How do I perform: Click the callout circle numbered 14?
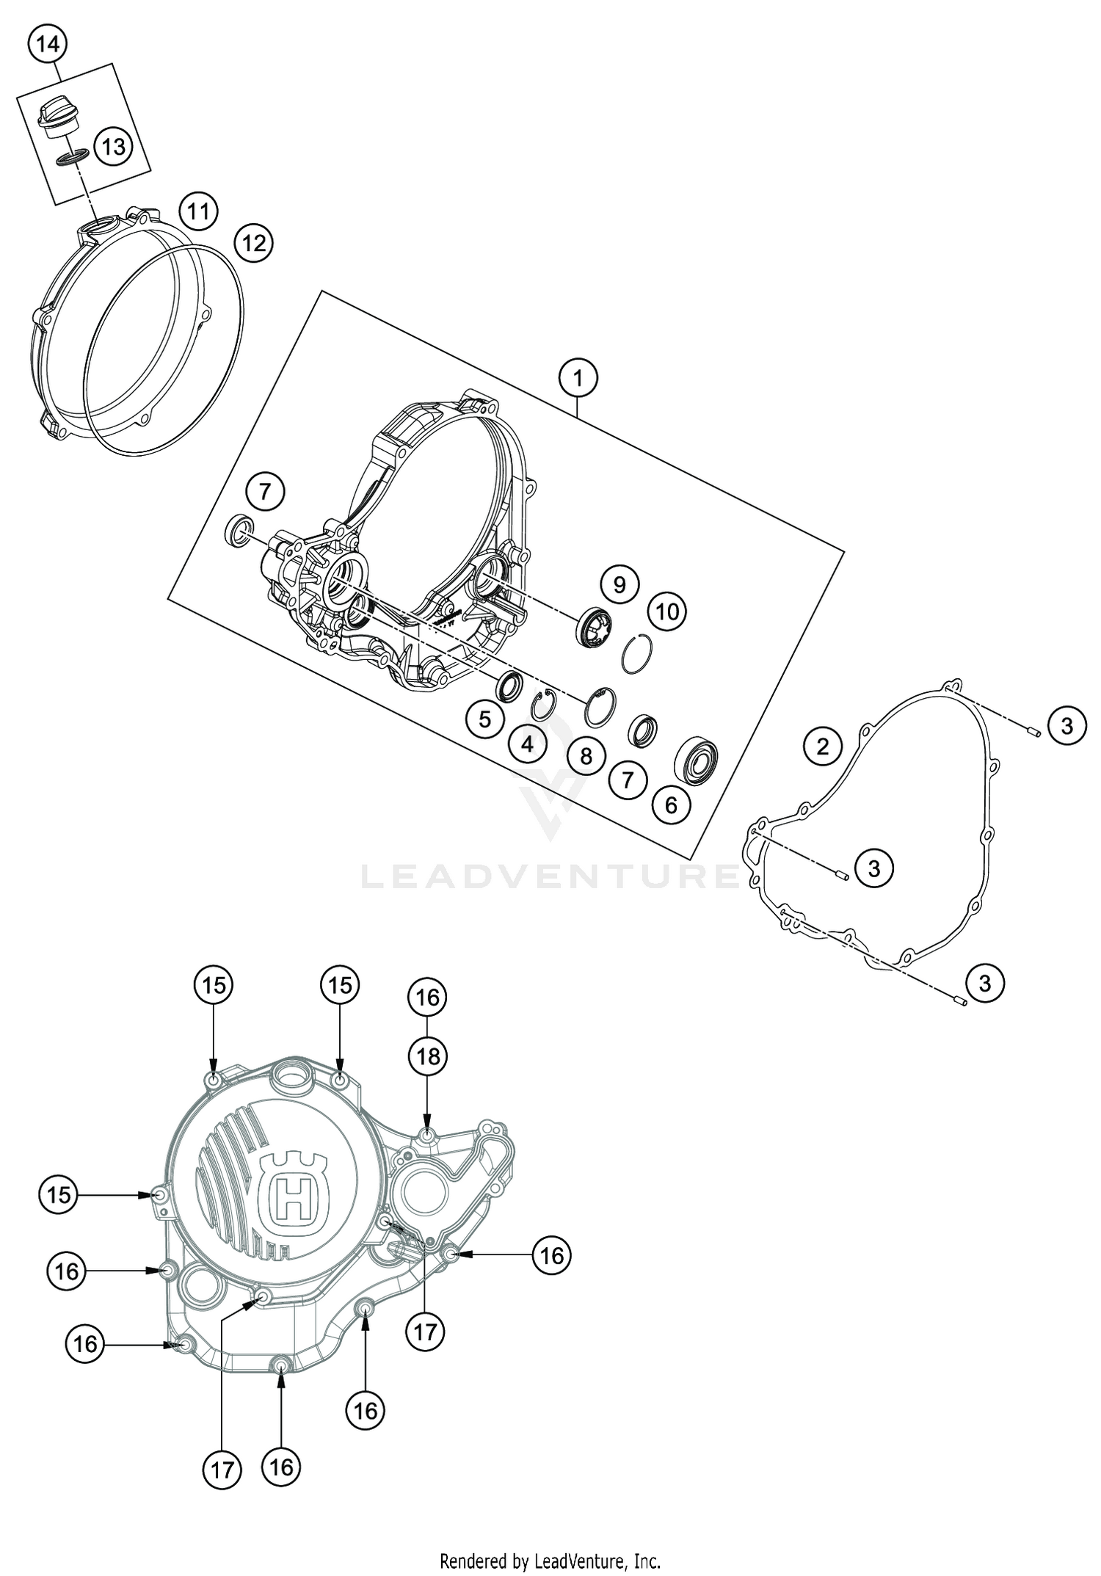click(x=48, y=45)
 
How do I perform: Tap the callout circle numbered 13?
click(x=113, y=147)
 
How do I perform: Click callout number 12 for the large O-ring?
click(x=253, y=242)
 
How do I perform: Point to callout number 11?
click(x=197, y=212)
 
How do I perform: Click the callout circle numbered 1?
click(x=578, y=379)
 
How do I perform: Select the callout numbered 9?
click(x=619, y=584)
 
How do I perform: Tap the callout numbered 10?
click(x=666, y=611)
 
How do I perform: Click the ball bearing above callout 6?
click(x=696, y=758)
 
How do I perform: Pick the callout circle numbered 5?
click(x=484, y=719)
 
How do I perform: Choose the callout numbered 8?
click(x=586, y=755)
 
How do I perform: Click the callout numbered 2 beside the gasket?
click(x=822, y=747)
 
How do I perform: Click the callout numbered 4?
click(x=527, y=744)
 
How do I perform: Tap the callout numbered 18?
click(x=428, y=1056)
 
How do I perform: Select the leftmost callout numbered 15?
click(x=59, y=1194)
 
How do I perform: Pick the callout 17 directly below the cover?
click(x=222, y=1468)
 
